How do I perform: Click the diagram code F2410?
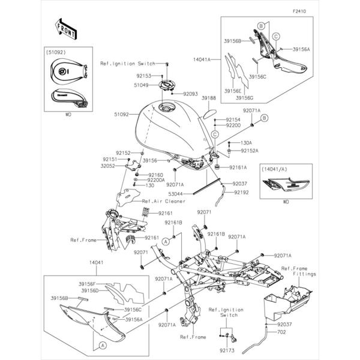pyautogui.click(x=299, y=11)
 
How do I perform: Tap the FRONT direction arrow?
pyautogui.click(x=64, y=27)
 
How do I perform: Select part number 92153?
pyautogui.click(x=144, y=76)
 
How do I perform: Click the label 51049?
pyautogui.click(x=141, y=85)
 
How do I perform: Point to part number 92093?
pyautogui.click(x=190, y=94)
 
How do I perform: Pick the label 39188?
pyautogui.click(x=209, y=97)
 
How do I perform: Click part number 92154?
pyautogui.click(x=233, y=120)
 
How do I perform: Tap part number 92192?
pyautogui.click(x=242, y=192)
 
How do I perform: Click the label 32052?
pyautogui.click(x=108, y=166)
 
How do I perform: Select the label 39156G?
pyautogui.click(x=244, y=97)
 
